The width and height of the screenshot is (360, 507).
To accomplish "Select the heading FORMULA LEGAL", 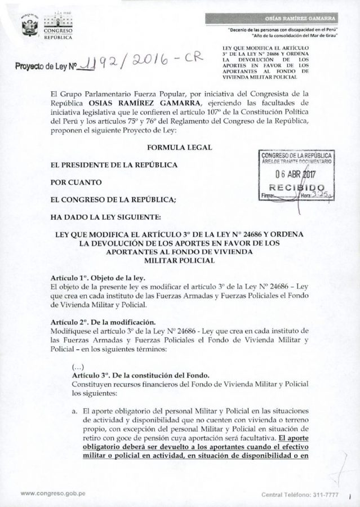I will [179, 147].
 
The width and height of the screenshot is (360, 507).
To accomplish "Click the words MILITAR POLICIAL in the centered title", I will [180, 261].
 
